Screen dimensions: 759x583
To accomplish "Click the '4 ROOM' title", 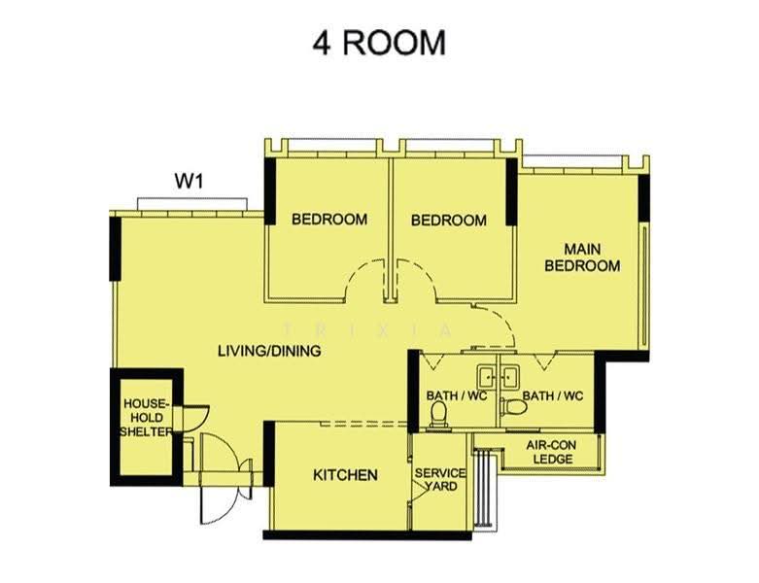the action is click(379, 43).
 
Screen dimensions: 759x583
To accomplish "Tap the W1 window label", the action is click(189, 182).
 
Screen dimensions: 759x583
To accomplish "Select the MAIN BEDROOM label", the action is click(582, 257).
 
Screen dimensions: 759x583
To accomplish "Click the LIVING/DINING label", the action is click(269, 350).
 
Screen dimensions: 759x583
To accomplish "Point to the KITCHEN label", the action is click(345, 474).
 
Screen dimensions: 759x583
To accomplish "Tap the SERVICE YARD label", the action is click(440, 479).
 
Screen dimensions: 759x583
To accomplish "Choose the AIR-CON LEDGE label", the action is click(551, 452).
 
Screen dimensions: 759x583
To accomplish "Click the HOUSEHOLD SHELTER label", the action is click(146, 418).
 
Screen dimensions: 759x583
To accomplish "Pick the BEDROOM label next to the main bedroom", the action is click(449, 221).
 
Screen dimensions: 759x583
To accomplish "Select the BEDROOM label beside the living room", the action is click(329, 220).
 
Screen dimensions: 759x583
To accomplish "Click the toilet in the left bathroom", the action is click(439, 414).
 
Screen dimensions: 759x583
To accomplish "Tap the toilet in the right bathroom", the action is click(513, 406).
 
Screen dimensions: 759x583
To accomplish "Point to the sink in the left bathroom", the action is click(487, 376).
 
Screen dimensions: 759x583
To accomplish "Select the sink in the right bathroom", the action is click(509, 376).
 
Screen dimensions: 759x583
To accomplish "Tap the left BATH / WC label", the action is click(457, 395).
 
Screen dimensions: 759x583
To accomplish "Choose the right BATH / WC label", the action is click(553, 395).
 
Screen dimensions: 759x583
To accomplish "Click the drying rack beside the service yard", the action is click(483, 487).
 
